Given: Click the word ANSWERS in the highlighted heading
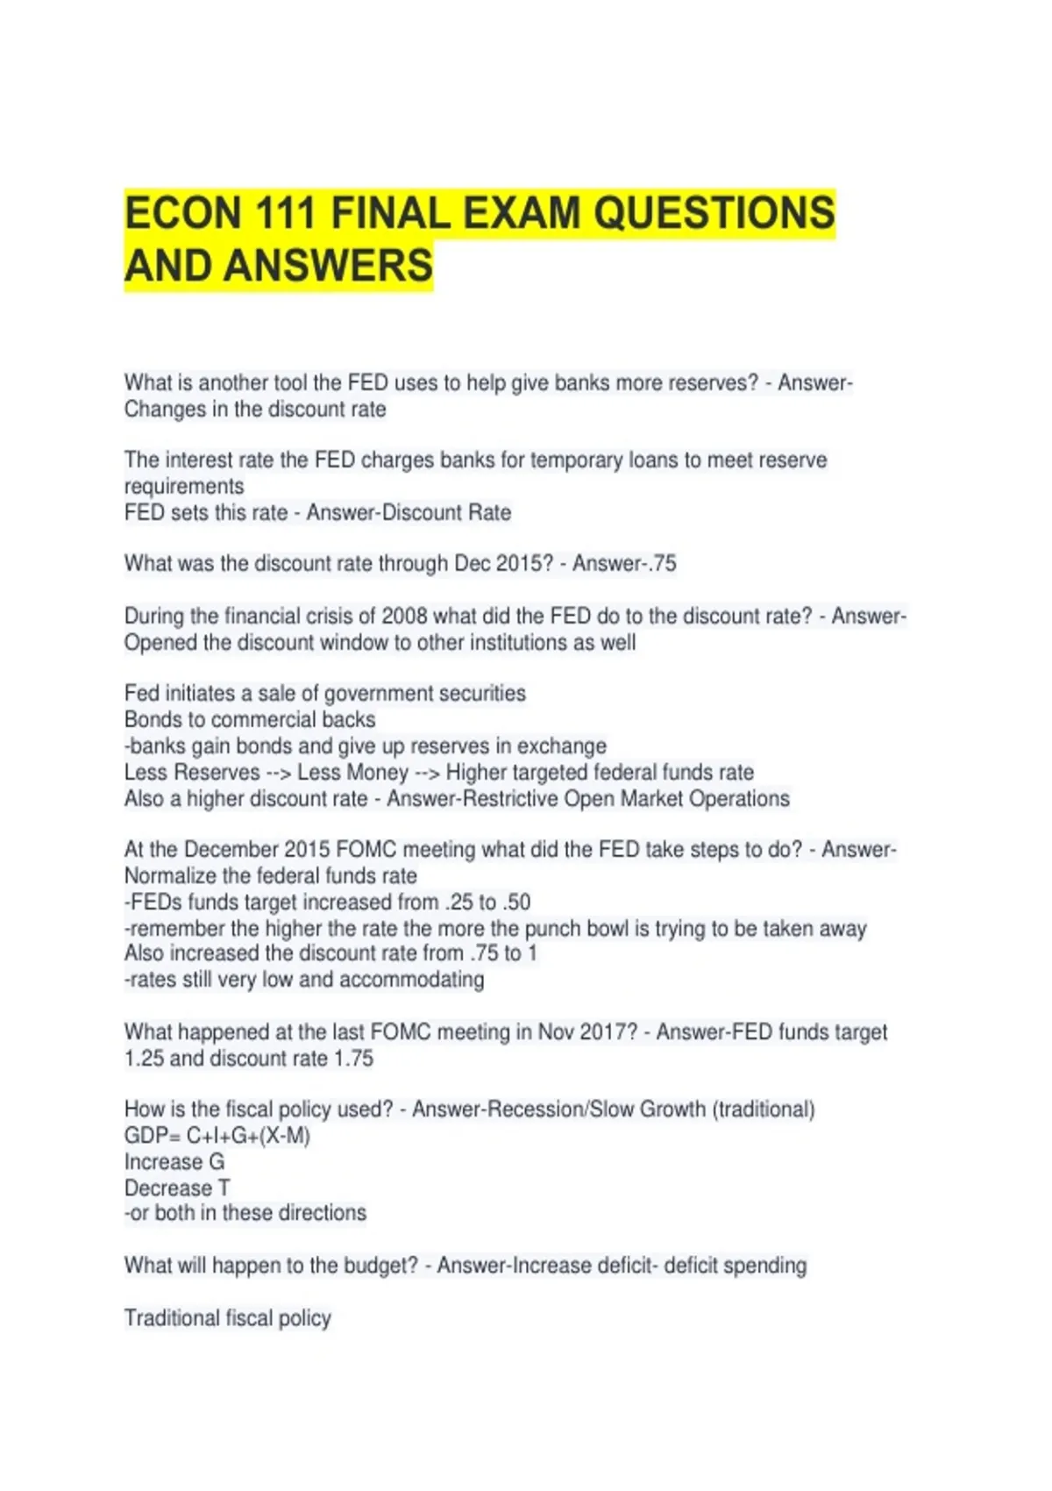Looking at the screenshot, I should [328, 266].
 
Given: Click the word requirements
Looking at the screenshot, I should [184, 487].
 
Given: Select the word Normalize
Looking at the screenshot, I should [170, 876].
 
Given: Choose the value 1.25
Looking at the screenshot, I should [144, 1059].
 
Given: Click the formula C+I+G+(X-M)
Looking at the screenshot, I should [248, 1136].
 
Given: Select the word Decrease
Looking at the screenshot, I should [168, 1188].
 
